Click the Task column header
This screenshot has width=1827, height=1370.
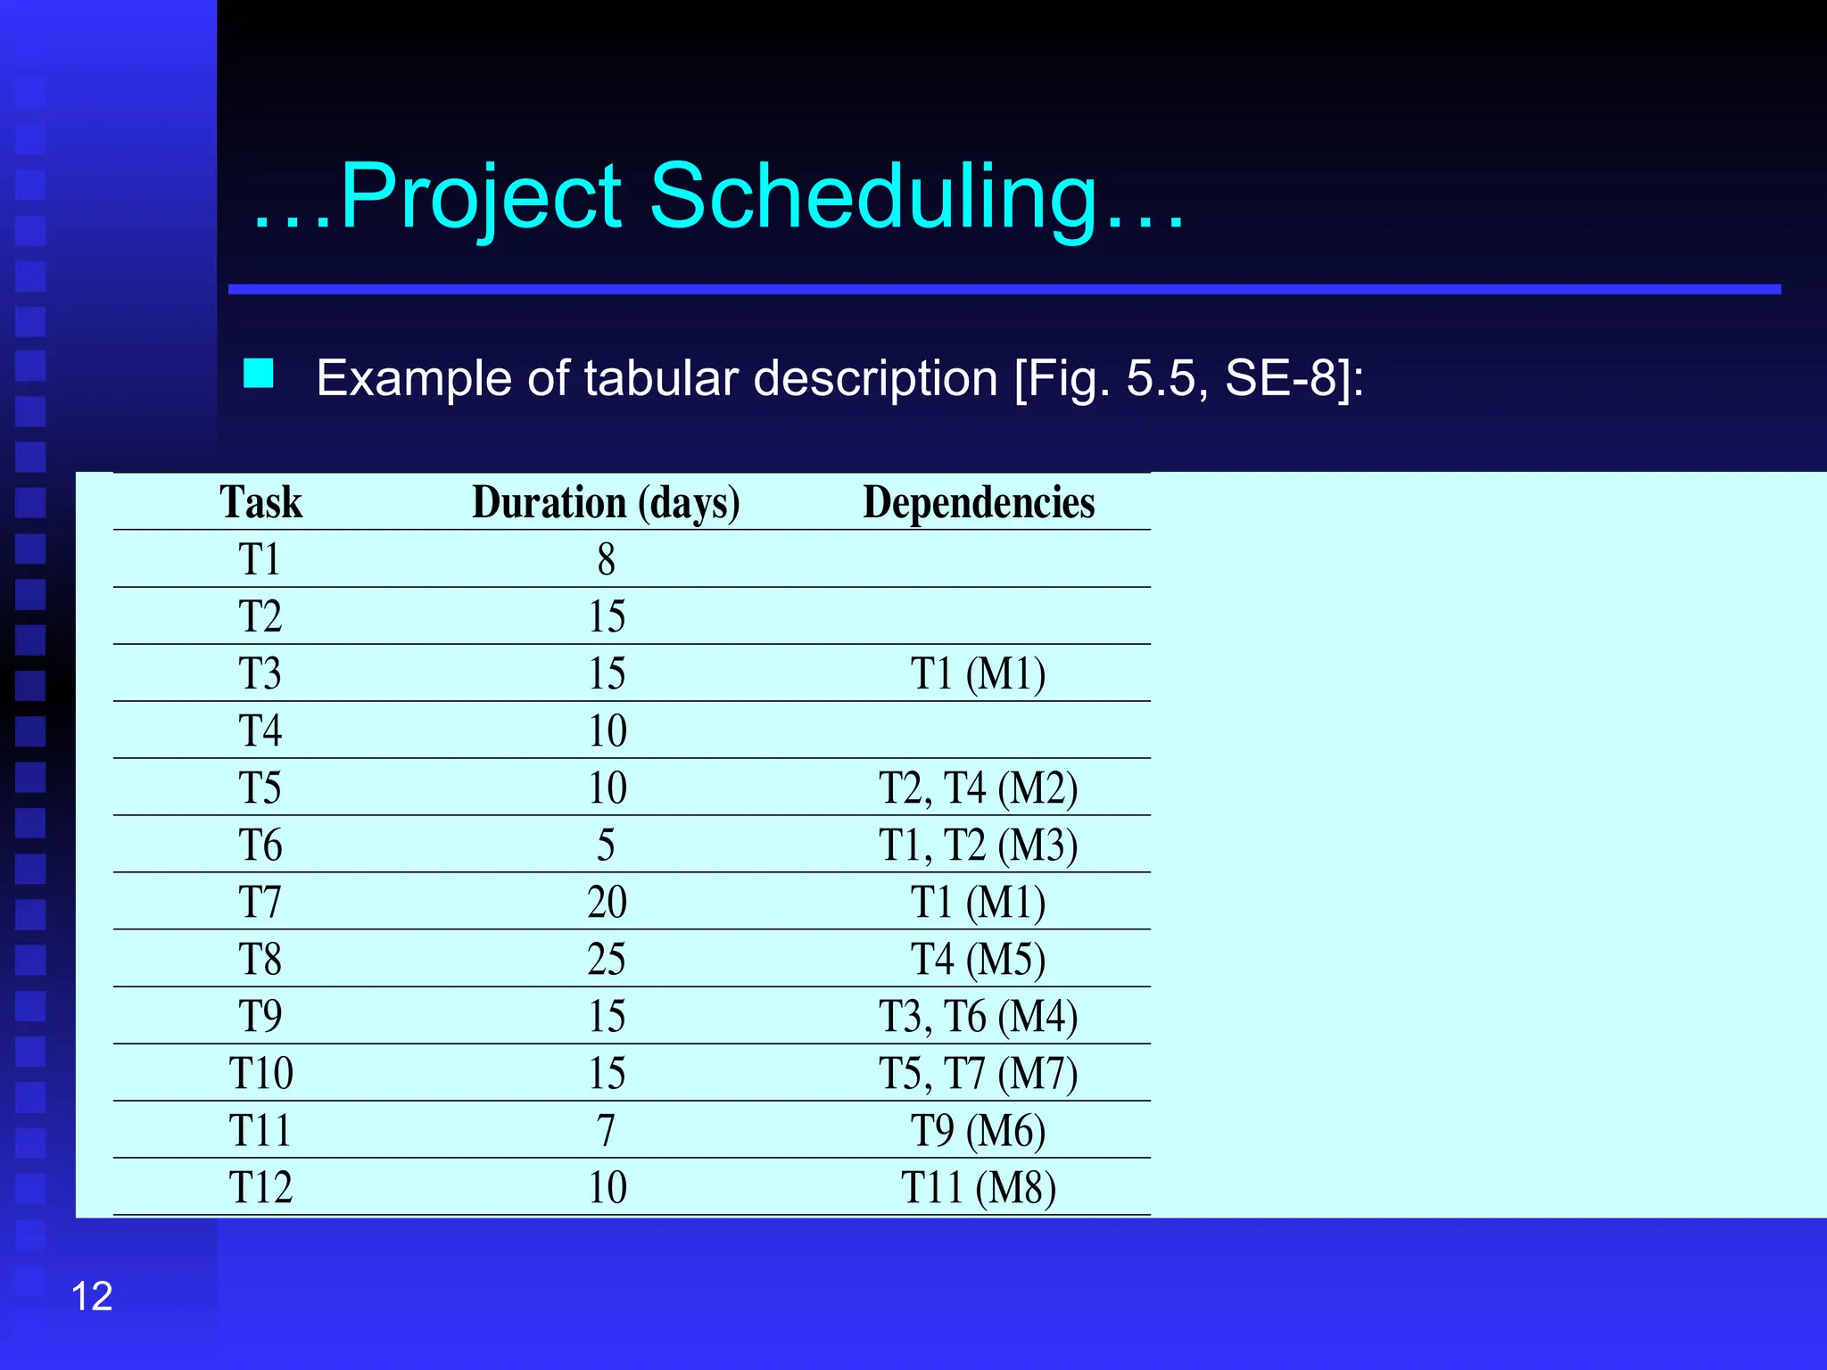(260, 502)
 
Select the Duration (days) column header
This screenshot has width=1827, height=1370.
(606, 502)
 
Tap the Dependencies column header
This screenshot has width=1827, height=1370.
(979, 502)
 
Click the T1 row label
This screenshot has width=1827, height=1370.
(260, 559)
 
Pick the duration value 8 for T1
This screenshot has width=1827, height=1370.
(607, 559)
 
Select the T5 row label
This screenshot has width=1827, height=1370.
(260, 788)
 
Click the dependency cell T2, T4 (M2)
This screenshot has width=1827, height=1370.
(979, 788)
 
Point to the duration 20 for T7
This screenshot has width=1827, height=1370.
(607, 902)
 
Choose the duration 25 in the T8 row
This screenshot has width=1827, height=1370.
(607, 959)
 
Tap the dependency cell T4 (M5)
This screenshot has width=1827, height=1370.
(979, 959)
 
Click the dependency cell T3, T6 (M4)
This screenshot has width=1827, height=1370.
(979, 1016)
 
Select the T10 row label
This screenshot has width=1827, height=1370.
(260, 1073)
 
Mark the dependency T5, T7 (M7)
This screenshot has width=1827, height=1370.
(979, 1073)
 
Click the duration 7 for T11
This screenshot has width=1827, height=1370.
(607, 1130)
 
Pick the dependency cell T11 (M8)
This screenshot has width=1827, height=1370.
(979, 1187)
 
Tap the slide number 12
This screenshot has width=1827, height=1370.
(92, 1296)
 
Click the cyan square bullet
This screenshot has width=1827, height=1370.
(259, 374)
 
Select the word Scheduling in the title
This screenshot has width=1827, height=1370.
(873, 196)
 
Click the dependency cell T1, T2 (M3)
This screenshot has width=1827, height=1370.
(979, 845)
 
